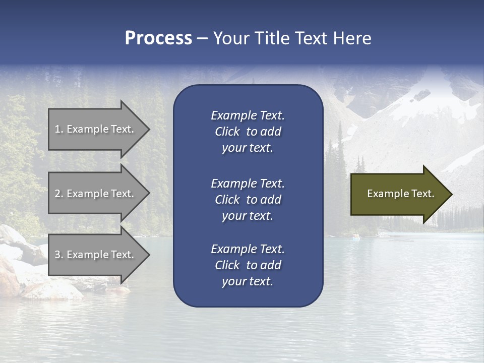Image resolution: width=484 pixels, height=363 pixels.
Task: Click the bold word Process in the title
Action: [x=158, y=38]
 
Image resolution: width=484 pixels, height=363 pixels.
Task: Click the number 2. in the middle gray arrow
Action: [x=59, y=194]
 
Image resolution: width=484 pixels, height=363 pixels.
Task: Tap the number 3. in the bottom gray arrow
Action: [x=59, y=255]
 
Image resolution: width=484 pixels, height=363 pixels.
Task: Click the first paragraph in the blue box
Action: [x=248, y=132]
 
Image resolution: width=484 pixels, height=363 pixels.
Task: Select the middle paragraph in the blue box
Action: [x=248, y=200]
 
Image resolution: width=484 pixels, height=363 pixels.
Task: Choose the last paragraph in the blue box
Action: [x=248, y=265]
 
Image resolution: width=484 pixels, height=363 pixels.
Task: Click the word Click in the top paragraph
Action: [x=227, y=132]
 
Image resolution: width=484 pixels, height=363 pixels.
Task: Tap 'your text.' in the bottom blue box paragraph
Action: [x=248, y=281]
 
